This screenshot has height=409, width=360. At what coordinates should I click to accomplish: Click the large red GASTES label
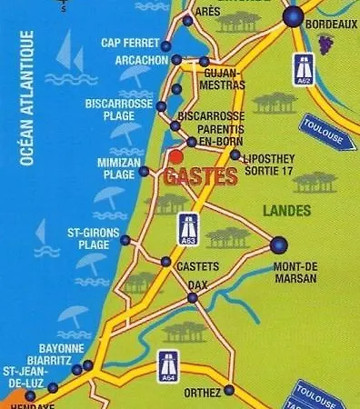click(201, 177)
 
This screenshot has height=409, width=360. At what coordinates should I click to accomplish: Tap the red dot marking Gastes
click(175, 158)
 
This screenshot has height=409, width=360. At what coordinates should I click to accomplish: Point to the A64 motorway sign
click(167, 364)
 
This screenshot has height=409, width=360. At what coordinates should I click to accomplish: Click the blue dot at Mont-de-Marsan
click(278, 244)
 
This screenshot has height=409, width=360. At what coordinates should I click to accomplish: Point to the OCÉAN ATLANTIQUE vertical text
click(27, 97)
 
